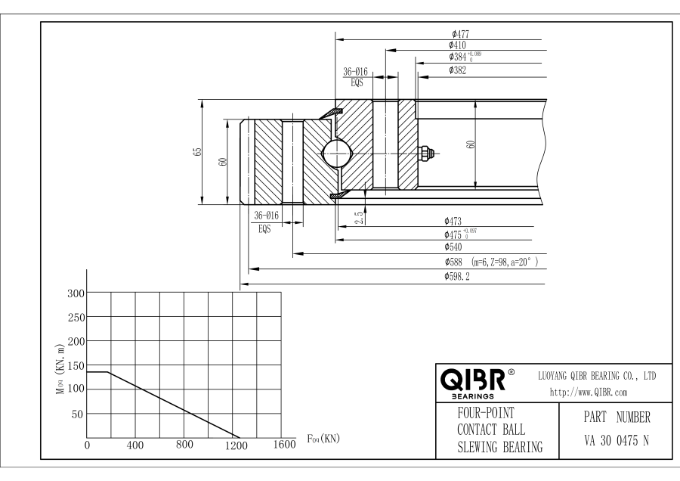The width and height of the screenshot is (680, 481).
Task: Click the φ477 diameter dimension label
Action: (460, 34)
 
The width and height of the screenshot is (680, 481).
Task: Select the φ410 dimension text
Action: (458, 45)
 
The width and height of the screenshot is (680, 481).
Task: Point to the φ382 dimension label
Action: (458, 70)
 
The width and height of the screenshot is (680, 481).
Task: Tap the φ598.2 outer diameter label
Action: (456, 277)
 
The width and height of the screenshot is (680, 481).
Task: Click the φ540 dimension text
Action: (453, 247)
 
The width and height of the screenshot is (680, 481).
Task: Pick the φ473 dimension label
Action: (453, 222)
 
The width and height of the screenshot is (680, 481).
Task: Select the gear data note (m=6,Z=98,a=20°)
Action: (505, 262)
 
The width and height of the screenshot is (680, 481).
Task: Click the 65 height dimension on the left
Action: (198, 152)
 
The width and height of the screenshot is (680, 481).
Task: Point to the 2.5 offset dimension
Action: (359, 218)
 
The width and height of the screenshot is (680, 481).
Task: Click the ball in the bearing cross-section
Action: (337, 154)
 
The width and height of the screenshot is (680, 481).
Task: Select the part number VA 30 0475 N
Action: (617, 441)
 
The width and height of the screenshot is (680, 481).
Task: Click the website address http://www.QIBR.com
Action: (589, 393)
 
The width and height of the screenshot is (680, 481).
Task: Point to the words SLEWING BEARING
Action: (500, 447)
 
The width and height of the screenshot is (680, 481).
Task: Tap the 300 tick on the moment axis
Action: (76, 293)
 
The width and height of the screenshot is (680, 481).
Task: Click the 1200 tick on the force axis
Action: (236, 445)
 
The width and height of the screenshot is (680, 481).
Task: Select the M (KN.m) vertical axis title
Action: (60, 369)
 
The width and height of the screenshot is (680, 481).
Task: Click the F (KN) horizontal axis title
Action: (323, 439)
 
